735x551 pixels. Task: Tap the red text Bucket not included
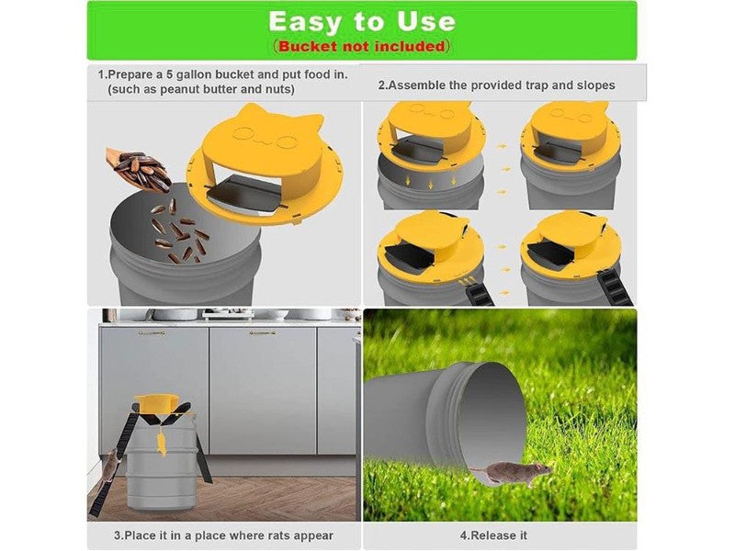tap(361, 47)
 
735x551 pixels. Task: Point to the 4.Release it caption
tap(493, 535)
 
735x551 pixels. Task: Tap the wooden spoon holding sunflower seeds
tap(139, 169)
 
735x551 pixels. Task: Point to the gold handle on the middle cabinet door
tap(262, 333)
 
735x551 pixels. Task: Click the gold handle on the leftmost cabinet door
tap(152, 333)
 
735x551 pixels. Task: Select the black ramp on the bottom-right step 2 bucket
tap(615, 287)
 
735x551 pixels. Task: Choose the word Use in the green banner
tap(426, 22)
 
